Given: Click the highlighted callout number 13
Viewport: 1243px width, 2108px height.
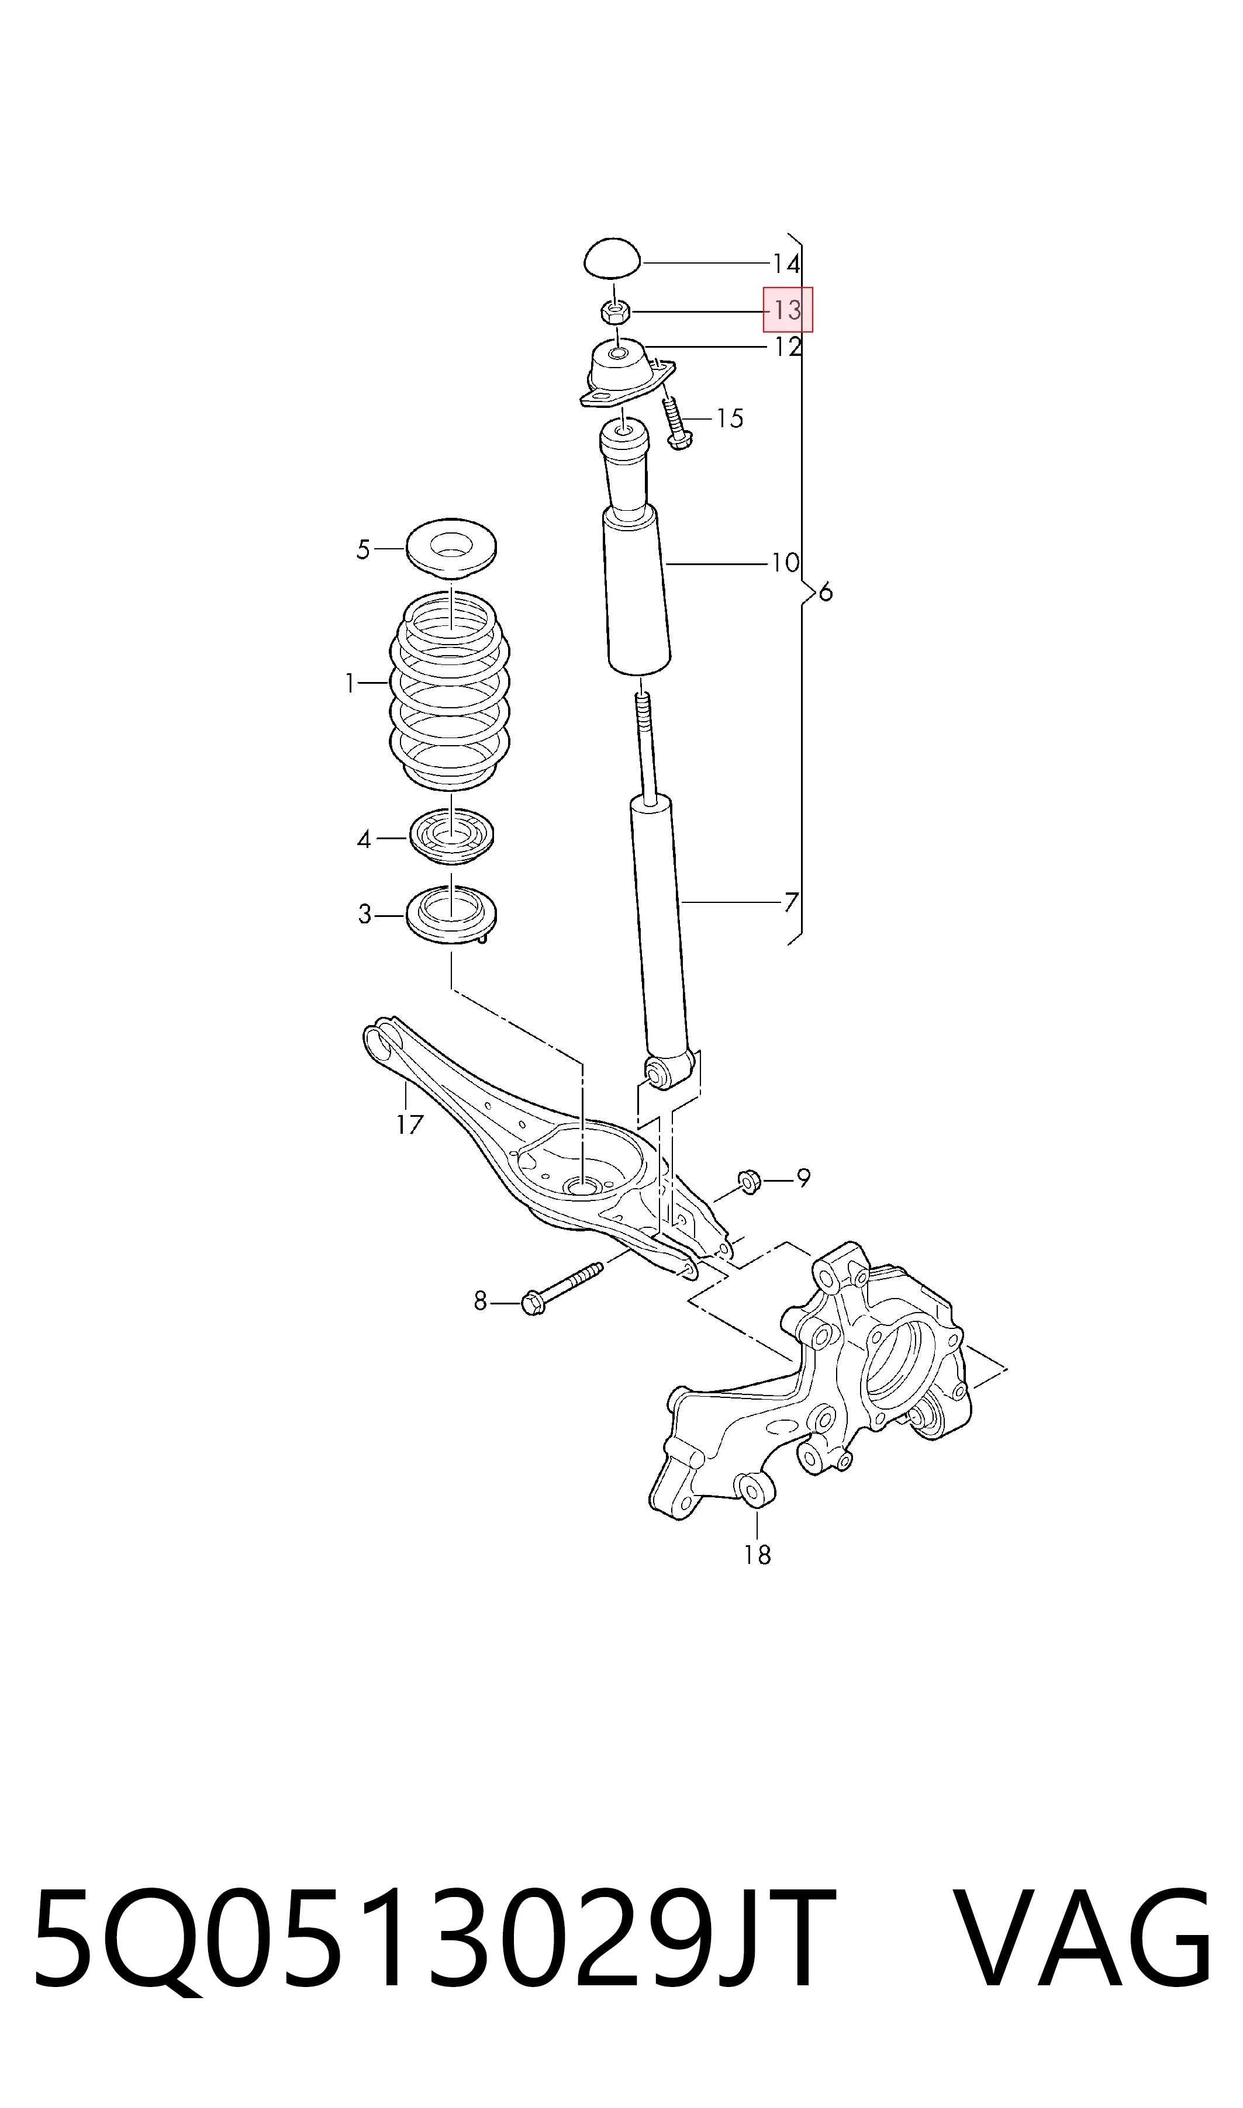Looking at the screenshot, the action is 788,310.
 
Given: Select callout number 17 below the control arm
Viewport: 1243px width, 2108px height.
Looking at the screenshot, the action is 410,1124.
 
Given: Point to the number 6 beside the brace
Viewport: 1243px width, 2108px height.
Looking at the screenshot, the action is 826,593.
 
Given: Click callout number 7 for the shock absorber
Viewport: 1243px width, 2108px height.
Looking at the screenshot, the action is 790,902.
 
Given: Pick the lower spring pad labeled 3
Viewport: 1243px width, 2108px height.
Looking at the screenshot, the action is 451,915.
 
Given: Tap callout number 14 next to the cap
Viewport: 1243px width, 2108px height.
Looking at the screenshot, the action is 786,265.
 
